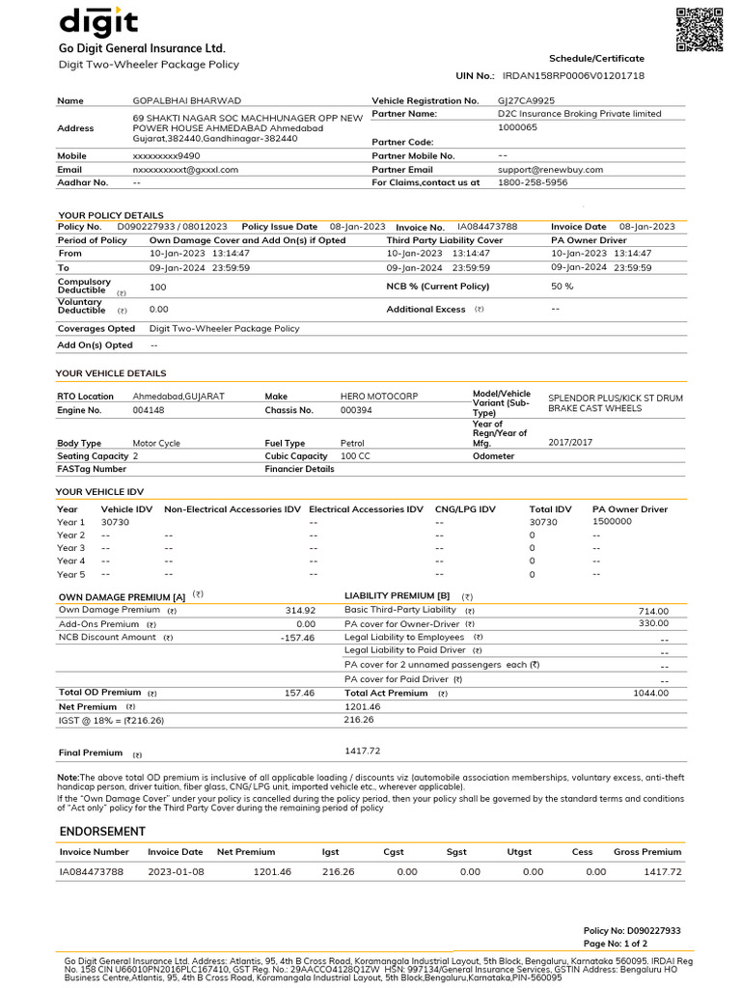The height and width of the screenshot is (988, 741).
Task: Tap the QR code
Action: pyautogui.click(x=699, y=29)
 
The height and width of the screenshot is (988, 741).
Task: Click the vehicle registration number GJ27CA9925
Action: pyautogui.click(x=526, y=100)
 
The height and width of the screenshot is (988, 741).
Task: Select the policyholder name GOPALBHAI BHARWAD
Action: pyautogui.click(x=186, y=100)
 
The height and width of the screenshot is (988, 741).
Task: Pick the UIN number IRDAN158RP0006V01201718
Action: pyautogui.click(x=573, y=75)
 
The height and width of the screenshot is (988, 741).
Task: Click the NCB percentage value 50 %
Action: pyautogui.click(x=562, y=287)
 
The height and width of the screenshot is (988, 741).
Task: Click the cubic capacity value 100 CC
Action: pyautogui.click(x=355, y=455)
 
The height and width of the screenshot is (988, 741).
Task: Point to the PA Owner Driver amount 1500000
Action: pyautogui.click(x=612, y=521)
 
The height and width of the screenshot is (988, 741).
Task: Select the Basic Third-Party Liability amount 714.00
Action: pyautogui.click(x=653, y=611)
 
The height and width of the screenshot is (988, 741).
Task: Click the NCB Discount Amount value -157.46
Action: pyautogui.click(x=297, y=638)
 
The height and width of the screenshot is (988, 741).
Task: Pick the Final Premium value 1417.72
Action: pyautogui.click(x=363, y=751)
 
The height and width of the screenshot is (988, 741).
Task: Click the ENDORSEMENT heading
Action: pyautogui.click(x=102, y=832)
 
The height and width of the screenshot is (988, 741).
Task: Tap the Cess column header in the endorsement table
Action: pyautogui.click(x=582, y=852)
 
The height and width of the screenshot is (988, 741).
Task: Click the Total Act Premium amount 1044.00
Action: pyautogui.click(x=650, y=693)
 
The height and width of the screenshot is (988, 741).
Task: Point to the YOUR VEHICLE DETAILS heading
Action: pyautogui.click(x=111, y=373)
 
